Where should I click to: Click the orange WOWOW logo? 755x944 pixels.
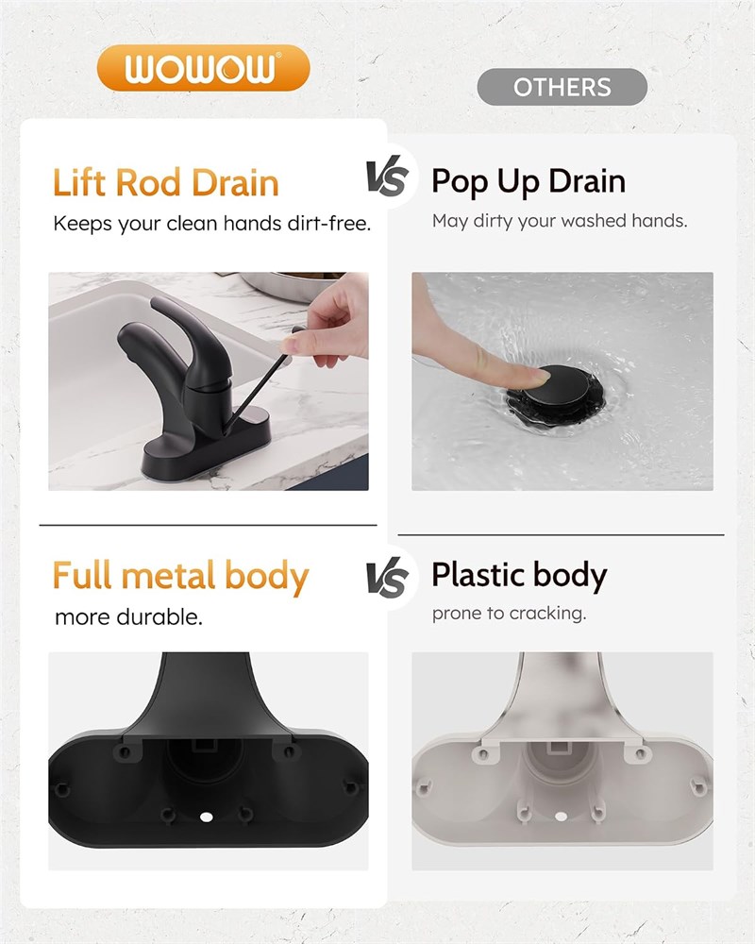[203, 68]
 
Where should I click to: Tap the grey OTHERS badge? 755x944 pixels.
[562, 87]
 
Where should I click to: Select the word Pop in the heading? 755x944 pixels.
[460, 182]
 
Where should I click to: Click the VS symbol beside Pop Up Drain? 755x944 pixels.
[387, 176]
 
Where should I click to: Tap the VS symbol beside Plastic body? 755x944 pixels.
[387, 577]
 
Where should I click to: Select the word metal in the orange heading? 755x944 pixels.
[168, 575]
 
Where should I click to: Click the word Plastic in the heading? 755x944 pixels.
[477, 574]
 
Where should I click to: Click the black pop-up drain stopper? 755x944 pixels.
[555, 393]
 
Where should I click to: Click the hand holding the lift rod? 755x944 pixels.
[330, 321]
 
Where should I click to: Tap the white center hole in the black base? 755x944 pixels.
[207, 817]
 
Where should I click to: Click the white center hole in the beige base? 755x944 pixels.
[562, 817]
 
